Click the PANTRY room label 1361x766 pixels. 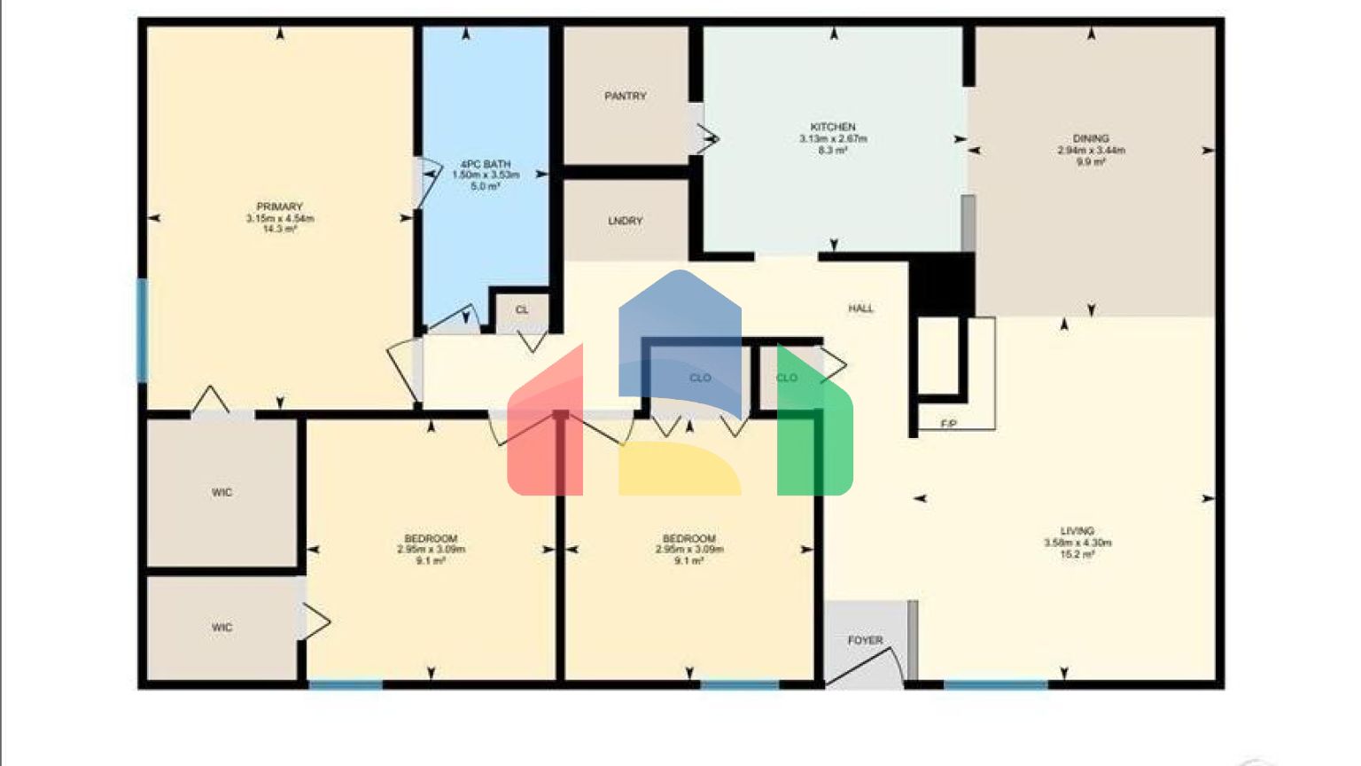pos(626,96)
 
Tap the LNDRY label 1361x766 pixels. pos(626,221)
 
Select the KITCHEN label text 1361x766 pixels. pos(833,127)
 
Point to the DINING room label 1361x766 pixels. pos(1091,138)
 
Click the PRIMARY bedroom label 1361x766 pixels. pos(280,207)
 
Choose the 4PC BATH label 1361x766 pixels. pos(486,164)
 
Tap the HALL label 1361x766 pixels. pos(860,309)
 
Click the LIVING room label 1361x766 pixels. pos(1077,531)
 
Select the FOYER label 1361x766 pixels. pos(865,640)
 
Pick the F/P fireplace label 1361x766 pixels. pos(948,425)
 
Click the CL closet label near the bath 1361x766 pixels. pos(522,310)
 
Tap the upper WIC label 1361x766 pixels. pos(222,493)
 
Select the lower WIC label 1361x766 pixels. pos(222,628)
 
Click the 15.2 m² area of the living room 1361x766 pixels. pos(1077,555)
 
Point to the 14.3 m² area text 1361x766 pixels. pos(280,230)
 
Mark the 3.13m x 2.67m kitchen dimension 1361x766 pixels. pos(833,139)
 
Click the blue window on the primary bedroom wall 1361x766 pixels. pos(142,330)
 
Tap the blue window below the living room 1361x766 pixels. pos(995,684)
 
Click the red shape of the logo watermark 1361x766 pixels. pos(544,434)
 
